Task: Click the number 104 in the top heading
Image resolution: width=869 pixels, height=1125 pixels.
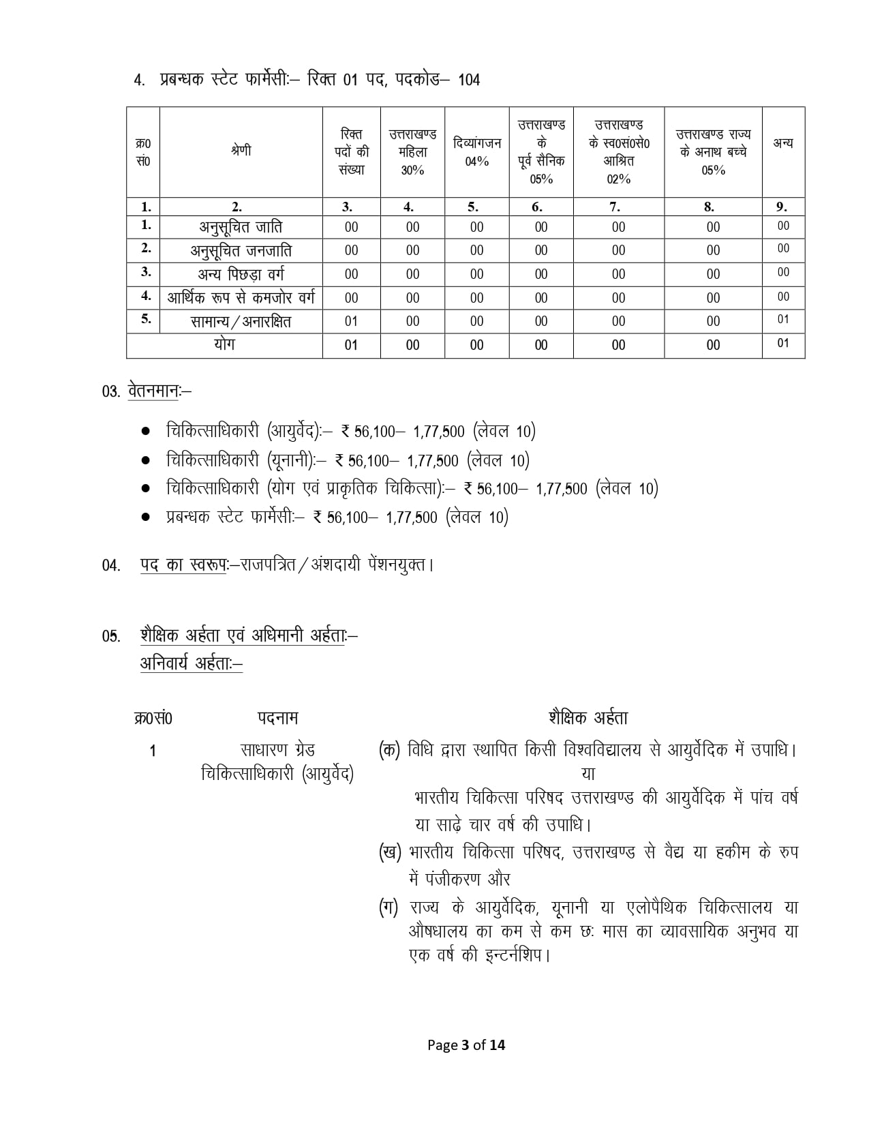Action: tap(468, 80)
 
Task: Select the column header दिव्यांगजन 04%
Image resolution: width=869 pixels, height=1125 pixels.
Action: tap(476, 151)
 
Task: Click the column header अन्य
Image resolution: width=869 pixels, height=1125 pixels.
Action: tap(782, 143)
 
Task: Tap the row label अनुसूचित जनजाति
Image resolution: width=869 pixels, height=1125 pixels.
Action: tap(241, 250)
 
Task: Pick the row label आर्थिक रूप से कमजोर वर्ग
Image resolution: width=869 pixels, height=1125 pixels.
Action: tap(241, 297)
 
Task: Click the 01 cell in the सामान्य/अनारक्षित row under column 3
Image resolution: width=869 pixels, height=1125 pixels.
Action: tap(351, 321)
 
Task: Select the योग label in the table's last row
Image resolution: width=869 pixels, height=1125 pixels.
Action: tap(224, 344)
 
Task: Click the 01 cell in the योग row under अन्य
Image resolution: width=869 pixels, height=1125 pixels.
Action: tap(782, 344)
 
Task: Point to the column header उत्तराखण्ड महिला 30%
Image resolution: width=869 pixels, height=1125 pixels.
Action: tap(412, 151)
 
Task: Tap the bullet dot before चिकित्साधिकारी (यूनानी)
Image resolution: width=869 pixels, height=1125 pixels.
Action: tap(145, 461)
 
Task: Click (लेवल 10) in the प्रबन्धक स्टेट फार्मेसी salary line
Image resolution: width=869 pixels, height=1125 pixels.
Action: tap(477, 517)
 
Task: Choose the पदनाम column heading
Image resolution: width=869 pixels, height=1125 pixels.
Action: tap(277, 718)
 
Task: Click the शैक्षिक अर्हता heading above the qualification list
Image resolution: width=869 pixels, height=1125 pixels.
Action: tap(588, 718)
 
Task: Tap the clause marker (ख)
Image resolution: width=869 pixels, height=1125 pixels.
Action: tap(390, 852)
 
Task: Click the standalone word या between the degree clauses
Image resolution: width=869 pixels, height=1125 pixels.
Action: tap(588, 774)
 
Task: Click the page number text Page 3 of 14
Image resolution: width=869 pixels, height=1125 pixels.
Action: tap(466, 1045)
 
